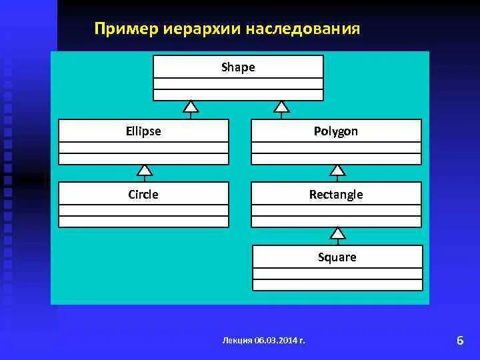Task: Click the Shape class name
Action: (238, 67)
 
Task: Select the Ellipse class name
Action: (143, 131)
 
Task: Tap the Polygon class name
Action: (336, 131)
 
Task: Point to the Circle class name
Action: (143, 195)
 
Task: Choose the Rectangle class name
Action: (336, 195)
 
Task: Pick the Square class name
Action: (337, 257)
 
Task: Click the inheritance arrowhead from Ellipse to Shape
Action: (191, 106)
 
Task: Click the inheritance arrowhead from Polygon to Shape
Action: (282, 106)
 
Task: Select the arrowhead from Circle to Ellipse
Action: (145, 169)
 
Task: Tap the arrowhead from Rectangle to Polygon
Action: (338, 169)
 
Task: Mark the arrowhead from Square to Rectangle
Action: (338, 233)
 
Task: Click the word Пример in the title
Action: (121, 29)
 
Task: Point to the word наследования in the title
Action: (303, 29)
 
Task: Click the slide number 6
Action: (460, 341)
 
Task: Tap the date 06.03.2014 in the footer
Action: (275, 340)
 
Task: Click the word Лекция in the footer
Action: (238, 340)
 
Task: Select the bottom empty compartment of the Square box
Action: (337, 285)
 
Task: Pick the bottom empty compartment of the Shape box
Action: (238, 95)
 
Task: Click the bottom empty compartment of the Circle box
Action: (143, 222)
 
